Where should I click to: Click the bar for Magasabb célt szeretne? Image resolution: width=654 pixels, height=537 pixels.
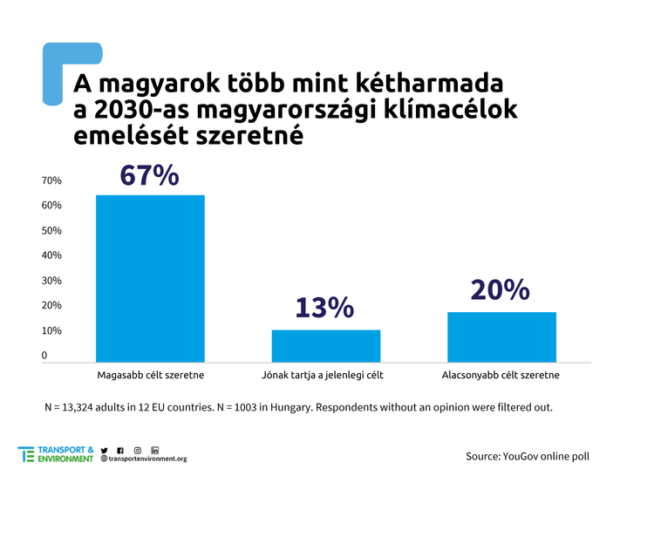coord(150,277)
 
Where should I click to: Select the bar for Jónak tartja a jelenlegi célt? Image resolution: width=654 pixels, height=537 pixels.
coord(326,345)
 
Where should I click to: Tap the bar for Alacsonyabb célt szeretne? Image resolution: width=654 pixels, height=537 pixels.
coord(501,336)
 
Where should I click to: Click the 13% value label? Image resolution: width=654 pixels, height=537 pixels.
coord(324,308)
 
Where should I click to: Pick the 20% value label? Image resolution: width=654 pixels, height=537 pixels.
coord(500,289)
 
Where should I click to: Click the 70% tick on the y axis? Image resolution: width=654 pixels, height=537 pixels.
coord(51,180)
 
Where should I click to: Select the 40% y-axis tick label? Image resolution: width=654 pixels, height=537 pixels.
coord(51,255)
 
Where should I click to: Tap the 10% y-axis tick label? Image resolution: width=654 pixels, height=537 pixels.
coord(51,331)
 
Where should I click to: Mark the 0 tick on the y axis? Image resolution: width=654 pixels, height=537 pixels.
coord(44,356)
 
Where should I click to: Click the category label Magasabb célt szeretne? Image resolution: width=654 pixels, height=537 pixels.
coord(150,375)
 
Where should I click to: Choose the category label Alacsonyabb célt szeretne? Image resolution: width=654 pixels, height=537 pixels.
coord(501,375)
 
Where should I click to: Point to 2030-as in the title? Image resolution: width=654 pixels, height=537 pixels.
coord(142,111)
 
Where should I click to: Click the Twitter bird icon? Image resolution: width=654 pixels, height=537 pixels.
coord(105,449)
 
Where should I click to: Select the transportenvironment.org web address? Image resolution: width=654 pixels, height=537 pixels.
coord(147,459)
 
